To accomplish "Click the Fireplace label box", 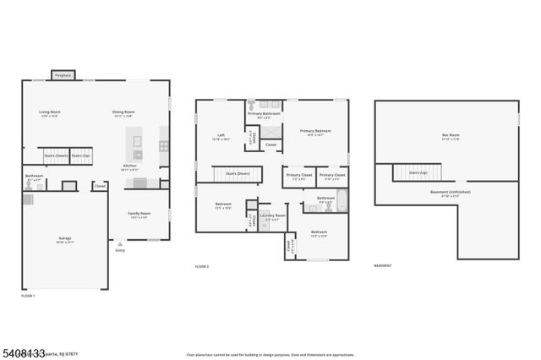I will point(63,75).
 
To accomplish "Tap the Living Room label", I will point(50,112).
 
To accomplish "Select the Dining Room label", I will point(124,112).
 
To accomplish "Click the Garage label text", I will point(64,239).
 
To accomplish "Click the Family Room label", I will point(139,214).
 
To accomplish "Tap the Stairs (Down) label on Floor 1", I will point(55,155).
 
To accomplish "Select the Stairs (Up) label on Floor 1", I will point(80,155).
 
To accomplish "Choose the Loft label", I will point(220,134).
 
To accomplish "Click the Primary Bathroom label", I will point(264,113).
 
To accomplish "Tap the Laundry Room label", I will point(272,215).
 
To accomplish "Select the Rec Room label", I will point(451,135).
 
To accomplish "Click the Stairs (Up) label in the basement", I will point(418,172).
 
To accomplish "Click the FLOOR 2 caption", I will point(201,266).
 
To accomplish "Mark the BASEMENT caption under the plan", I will point(383,266).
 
